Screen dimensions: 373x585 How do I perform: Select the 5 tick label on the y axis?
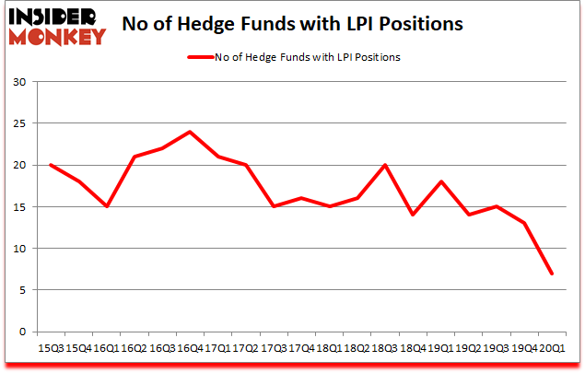click(x=21, y=290)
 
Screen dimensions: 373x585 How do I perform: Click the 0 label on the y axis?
click(x=21, y=332)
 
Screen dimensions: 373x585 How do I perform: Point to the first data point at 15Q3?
click(x=50, y=165)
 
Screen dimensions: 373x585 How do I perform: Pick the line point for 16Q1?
click(x=106, y=206)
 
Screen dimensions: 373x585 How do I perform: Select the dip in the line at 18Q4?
click(x=414, y=215)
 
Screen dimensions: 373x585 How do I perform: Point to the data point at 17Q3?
click(x=274, y=206)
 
